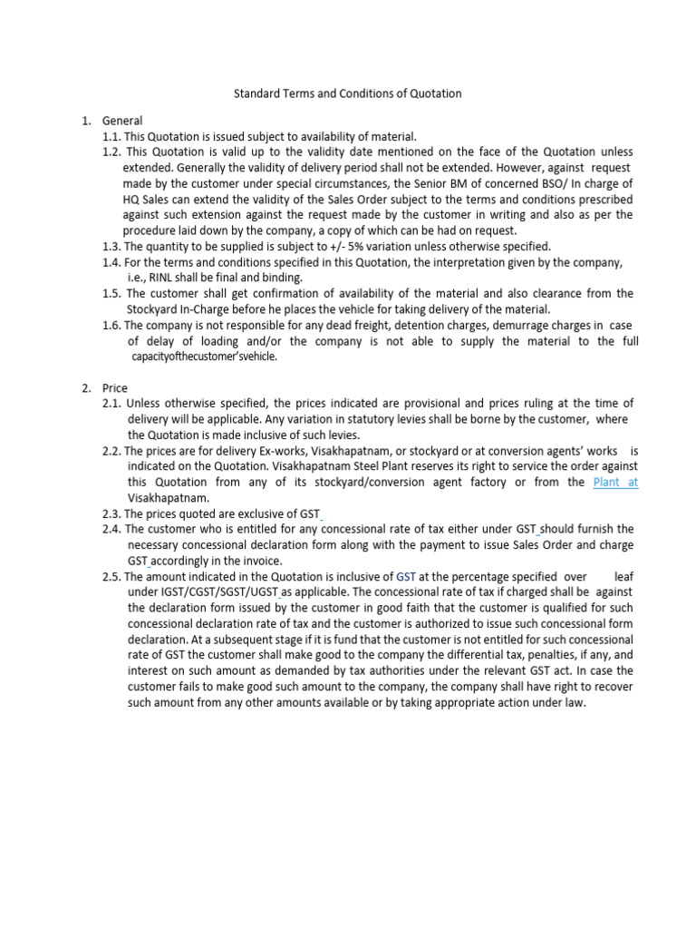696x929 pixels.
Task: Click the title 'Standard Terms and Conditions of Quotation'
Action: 348,93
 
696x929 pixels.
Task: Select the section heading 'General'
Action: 122,120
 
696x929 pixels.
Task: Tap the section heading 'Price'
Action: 115,387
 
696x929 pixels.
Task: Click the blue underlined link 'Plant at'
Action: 615,483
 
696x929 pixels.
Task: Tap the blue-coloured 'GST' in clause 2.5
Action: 407,576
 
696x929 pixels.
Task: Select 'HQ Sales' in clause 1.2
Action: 146,199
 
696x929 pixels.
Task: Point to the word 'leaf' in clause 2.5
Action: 623,576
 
